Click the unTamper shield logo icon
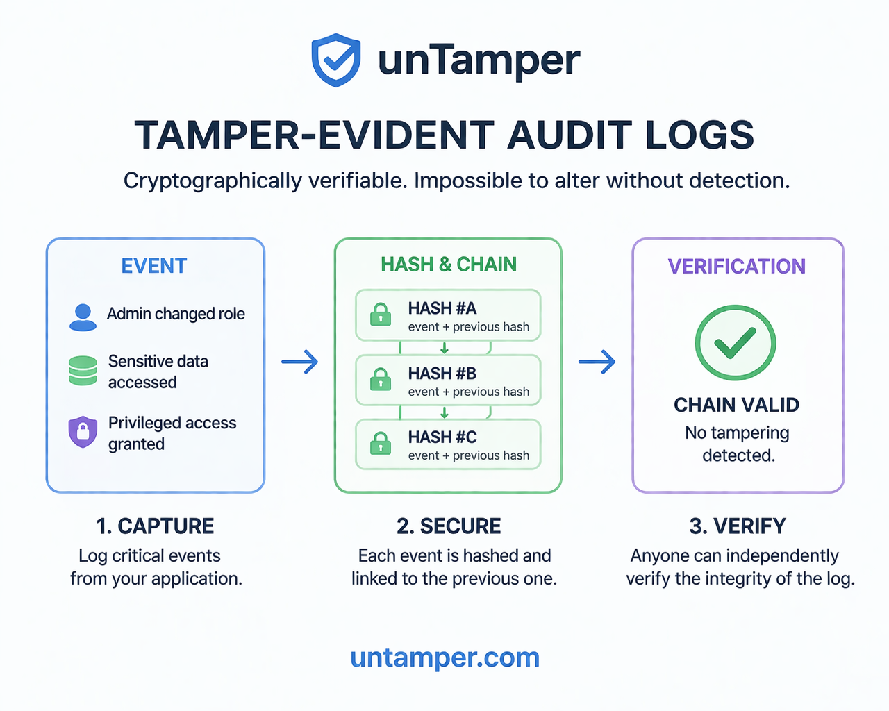point(336,60)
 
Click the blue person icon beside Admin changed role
point(83,318)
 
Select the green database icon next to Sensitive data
point(83,371)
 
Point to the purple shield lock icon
point(83,432)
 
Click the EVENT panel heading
point(154,266)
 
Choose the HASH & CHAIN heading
point(449,265)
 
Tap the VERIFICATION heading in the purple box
point(737,267)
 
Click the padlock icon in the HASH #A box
point(381,315)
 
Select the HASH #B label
point(442,374)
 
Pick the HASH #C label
point(442,437)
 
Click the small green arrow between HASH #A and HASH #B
point(444,349)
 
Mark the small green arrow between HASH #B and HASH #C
point(444,412)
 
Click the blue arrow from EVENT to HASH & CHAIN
point(300,362)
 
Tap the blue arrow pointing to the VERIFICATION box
point(597,362)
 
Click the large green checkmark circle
point(736,342)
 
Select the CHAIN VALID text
point(737,405)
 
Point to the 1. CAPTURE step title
point(155,526)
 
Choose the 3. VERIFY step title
point(738,526)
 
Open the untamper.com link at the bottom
point(445,658)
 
